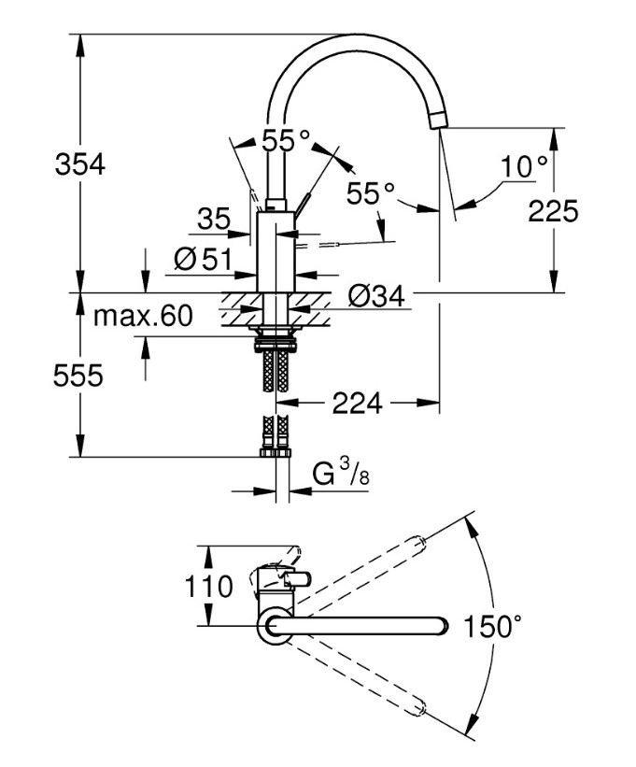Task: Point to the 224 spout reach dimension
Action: pyautogui.click(x=358, y=404)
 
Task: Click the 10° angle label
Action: pyautogui.click(x=524, y=167)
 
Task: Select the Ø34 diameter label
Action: pyautogui.click(x=375, y=297)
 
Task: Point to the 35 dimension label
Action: pyautogui.click(x=213, y=219)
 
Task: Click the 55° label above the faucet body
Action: pyautogui.click(x=285, y=141)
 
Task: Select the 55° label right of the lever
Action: pyautogui.click(x=371, y=193)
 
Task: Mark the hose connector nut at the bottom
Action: pyautogui.click(x=276, y=453)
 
